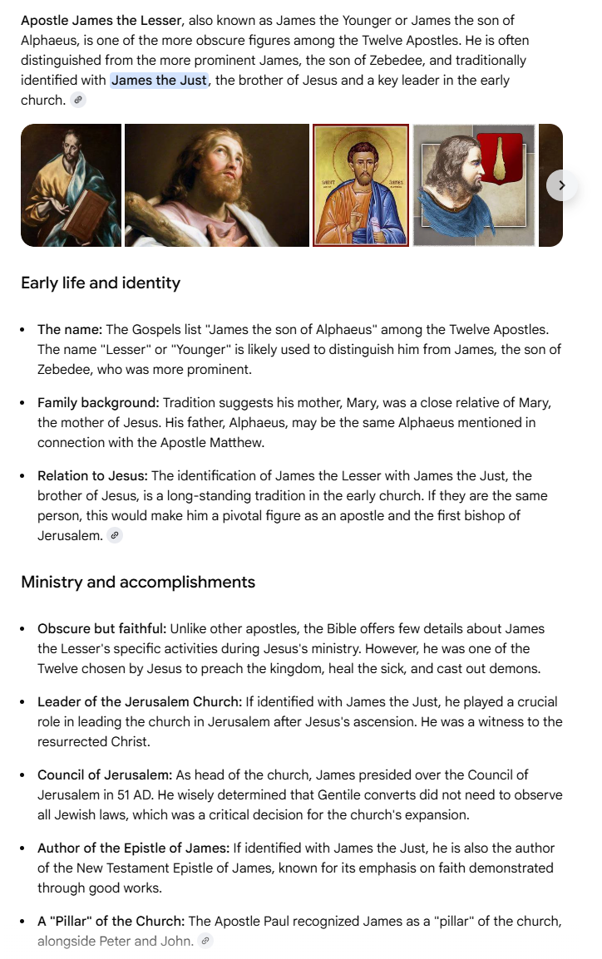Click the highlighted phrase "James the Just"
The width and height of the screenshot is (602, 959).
(159, 81)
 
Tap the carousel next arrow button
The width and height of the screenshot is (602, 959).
(561, 185)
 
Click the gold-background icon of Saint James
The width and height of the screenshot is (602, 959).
(361, 185)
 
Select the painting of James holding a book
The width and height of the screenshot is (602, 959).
(71, 185)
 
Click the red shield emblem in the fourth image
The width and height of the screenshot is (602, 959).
(499, 157)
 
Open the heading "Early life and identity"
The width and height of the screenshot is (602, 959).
(101, 283)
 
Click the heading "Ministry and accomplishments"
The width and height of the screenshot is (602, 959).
(138, 582)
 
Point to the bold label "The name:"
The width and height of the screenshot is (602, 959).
(70, 330)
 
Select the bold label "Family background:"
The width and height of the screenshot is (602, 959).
(98, 403)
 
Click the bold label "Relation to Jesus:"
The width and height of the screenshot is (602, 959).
(92, 476)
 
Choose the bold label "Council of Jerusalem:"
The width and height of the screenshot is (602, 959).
(103, 775)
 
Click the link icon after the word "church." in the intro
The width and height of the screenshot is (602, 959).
(78, 100)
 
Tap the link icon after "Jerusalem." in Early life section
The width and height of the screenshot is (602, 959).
(115, 536)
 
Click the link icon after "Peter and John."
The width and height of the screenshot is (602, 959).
(205, 942)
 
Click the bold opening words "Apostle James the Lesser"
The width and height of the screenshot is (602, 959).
(101, 21)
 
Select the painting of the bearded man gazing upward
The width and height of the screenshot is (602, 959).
(216, 185)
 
